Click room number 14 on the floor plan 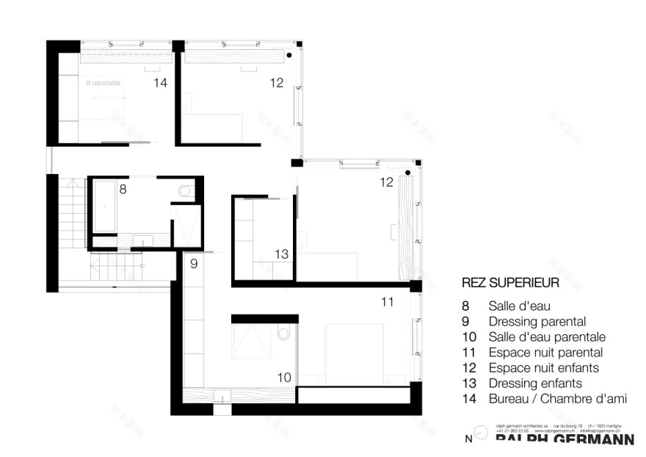pyautogui.click(x=160, y=83)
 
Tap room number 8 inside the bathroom pyautogui.click(x=123, y=189)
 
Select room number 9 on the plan pyautogui.click(x=194, y=263)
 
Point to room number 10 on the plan pyautogui.click(x=283, y=378)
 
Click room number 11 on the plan pyautogui.click(x=388, y=301)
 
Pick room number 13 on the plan pyautogui.click(x=282, y=253)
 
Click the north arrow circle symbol pyautogui.click(x=480, y=434)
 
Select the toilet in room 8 pyautogui.click(x=184, y=192)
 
